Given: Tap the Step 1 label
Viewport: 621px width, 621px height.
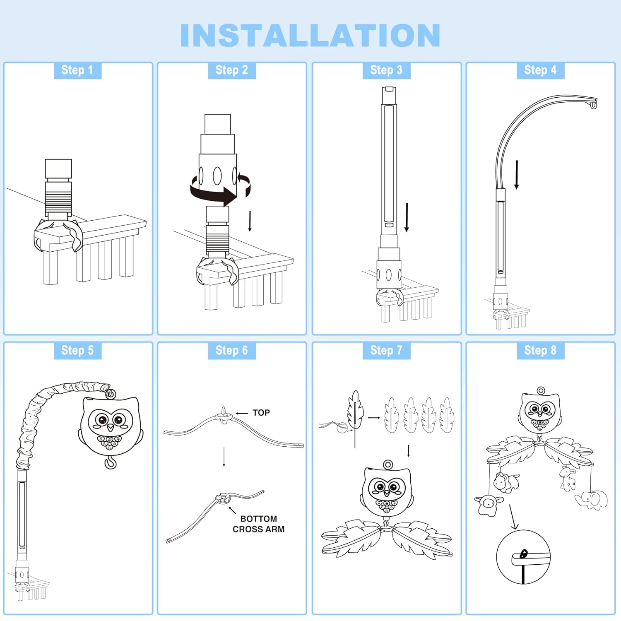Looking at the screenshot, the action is pyautogui.click(x=77, y=70).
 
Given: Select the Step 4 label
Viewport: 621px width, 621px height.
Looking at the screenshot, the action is pyautogui.click(x=540, y=70).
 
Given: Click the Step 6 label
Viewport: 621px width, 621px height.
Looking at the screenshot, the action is pyautogui.click(x=232, y=350).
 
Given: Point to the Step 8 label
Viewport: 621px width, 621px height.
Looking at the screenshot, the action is pyautogui.click(x=540, y=350).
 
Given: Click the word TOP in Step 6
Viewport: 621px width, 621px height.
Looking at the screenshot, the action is pyautogui.click(x=261, y=413).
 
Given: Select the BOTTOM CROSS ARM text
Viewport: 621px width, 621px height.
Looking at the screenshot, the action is pyautogui.click(x=259, y=524).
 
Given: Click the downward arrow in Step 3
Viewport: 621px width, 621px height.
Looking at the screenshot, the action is pyautogui.click(x=407, y=217).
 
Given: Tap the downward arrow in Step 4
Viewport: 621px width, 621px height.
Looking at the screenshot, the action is pyautogui.click(x=517, y=175).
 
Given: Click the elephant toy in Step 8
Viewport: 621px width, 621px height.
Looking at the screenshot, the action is pyautogui.click(x=591, y=499).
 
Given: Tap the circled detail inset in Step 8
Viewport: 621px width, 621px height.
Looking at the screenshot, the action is pyautogui.click(x=523, y=557).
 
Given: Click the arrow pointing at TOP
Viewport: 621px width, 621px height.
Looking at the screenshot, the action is pyautogui.click(x=242, y=413).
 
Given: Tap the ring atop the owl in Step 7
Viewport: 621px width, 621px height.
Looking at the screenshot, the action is pyautogui.click(x=388, y=465).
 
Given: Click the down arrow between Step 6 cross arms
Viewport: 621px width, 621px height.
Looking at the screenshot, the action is pyautogui.click(x=224, y=457).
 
